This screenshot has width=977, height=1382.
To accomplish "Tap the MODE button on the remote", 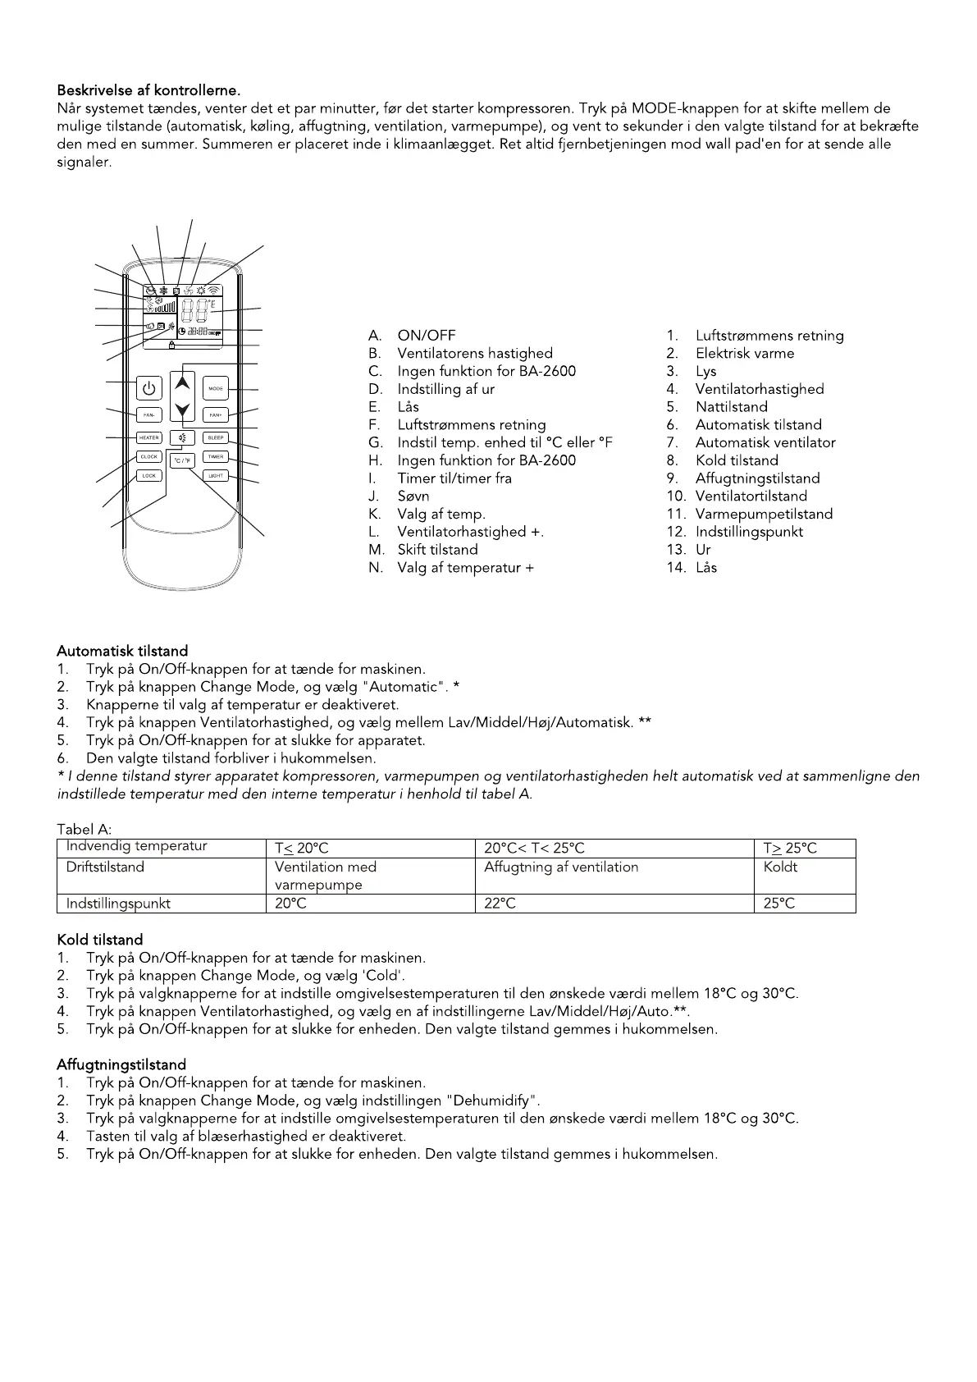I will (216, 388).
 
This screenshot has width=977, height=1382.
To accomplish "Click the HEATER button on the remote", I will (148, 438).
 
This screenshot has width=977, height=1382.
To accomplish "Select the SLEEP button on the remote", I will (216, 438).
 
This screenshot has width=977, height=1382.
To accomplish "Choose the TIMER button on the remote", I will (216, 457).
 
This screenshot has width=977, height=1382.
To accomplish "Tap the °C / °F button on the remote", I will (182, 460).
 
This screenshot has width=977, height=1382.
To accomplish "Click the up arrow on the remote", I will (183, 382).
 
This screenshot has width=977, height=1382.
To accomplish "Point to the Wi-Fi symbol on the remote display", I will (214, 291).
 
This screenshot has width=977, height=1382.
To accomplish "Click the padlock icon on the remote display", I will (171, 345).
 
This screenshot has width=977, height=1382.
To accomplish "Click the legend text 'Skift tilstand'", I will (437, 550).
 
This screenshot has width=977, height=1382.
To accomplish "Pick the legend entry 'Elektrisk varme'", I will (744, 354).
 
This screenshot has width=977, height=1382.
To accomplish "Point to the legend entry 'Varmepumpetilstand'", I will (763, 515).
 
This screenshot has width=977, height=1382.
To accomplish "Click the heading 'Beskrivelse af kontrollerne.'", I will (148, 90).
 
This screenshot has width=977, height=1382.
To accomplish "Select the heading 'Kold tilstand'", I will (100, 940).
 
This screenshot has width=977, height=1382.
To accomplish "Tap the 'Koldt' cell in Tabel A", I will (780, 867).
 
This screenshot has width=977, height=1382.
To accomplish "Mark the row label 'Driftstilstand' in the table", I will (105, 867).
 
